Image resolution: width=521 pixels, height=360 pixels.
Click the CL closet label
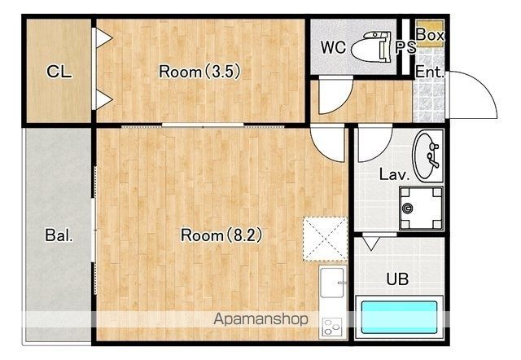pos(59,71)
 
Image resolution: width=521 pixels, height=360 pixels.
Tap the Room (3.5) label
pos(199,72)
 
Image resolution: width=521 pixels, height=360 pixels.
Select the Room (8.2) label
pos(221,235)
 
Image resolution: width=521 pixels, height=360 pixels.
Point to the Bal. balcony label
pos(59,235)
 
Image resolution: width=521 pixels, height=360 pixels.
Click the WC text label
pos(333,47)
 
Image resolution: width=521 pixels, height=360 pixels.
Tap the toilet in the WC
pos(371,46)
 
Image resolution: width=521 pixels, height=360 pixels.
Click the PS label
pos(405,47)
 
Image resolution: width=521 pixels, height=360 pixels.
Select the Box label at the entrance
pos(430,34)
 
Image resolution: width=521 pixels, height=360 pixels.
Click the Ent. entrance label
pos(430,72)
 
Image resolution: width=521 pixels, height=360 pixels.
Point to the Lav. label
pos(394,174)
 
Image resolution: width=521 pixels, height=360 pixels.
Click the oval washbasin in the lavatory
pos(427,156)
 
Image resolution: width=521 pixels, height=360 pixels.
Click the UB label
pos(397,279)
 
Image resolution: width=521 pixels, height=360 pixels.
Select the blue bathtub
pos(399,317)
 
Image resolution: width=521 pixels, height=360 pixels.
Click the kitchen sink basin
pos(331,282)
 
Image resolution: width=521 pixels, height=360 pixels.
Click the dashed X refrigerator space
pos(326,239)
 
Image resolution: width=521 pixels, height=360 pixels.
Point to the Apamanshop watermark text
pos(260,319)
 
